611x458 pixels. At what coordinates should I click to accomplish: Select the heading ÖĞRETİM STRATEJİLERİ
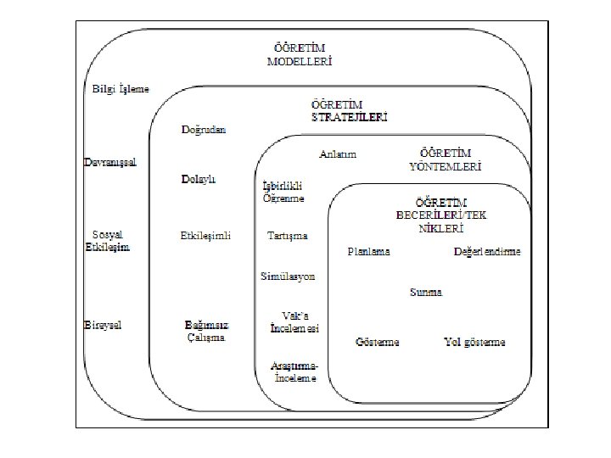(348, 111)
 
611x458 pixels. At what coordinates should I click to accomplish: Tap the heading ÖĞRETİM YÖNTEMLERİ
(445, 160)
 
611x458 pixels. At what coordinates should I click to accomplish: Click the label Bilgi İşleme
(121, 89)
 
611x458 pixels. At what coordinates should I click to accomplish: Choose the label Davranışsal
(109, 161)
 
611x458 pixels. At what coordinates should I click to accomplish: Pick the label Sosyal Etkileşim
(111, 241)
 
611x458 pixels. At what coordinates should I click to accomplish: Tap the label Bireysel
(103, 325)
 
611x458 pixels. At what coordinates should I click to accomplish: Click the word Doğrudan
(204, 130)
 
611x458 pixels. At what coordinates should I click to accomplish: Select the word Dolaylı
(199, 180)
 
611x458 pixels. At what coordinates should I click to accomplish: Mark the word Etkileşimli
(205, 235)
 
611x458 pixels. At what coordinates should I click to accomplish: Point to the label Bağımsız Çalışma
(207, 331)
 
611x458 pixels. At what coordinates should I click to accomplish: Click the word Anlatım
(338, 154)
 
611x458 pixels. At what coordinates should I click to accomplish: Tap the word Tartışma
(287, 235)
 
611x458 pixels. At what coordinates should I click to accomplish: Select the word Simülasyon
(288, 276)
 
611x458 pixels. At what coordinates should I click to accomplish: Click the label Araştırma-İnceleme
(294, 371)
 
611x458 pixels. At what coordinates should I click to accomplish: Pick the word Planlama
(369, 252)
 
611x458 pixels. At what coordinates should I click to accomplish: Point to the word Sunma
(426, 293)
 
